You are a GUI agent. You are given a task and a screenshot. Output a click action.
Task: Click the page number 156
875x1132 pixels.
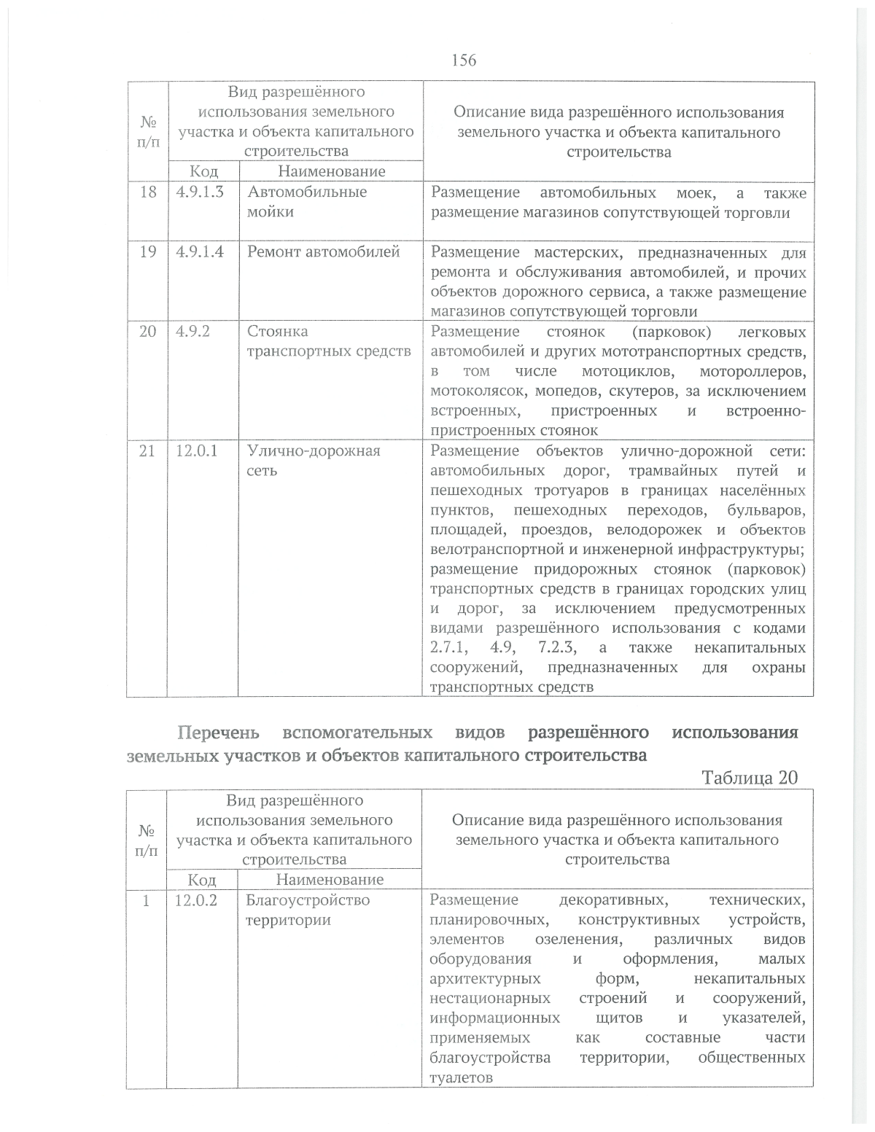coord(464,60)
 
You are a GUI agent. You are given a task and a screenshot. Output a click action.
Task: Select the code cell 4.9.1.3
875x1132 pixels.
coord(200,192)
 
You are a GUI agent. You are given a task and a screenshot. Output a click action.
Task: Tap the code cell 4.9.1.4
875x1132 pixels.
coord(200,252)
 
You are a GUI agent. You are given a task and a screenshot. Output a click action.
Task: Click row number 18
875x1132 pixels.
coord(148,192)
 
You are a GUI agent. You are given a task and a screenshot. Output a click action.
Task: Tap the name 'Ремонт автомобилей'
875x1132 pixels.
coord(324,252)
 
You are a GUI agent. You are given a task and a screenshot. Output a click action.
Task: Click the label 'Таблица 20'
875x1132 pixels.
coord(750,778)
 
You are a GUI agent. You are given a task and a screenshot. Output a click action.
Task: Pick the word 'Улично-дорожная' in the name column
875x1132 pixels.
coord(314,451)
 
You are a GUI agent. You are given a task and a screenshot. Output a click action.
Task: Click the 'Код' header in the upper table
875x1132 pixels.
coord(204,172)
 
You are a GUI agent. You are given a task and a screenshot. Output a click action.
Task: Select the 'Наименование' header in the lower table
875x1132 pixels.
coord(330,880)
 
